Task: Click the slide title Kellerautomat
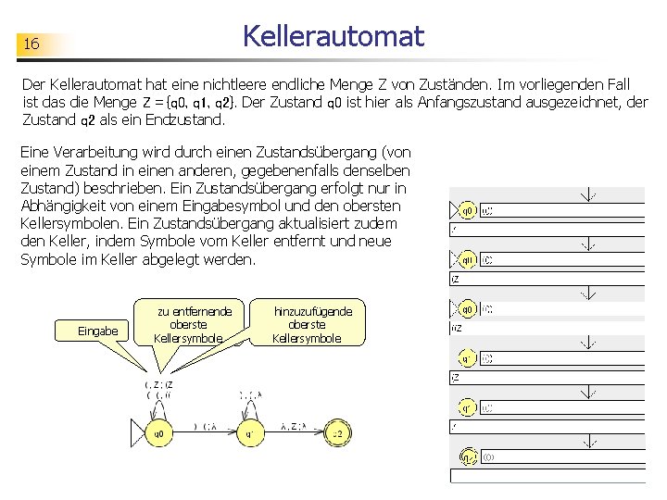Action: click(333, 36)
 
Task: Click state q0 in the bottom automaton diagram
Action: click(159, 432)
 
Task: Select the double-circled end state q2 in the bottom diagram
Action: click(339, 432)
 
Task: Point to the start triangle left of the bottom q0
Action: click(138, 432)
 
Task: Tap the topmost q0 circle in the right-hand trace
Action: click(469, 211)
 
